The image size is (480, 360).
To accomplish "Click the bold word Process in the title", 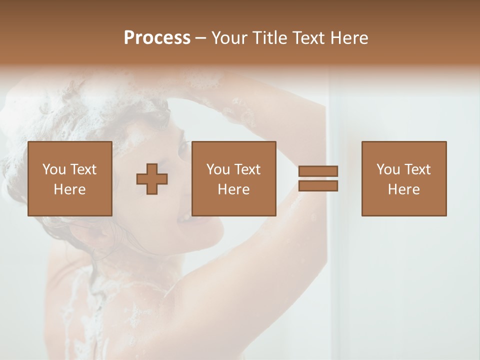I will point(157,38).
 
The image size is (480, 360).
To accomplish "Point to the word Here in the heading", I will point(348,38).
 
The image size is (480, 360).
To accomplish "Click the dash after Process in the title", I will point(200,38).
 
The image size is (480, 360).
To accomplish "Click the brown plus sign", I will point(152,178).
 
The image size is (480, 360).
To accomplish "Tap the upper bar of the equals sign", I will point(318,171).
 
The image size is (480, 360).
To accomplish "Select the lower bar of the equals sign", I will point(318,186).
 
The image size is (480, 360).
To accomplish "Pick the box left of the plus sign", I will point(70,178).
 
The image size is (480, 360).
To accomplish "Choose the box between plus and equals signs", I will point(234,178).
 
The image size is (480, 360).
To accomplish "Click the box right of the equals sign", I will point(404,178).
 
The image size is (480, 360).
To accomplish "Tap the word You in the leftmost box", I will point(53,169).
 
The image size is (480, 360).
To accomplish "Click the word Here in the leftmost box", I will point(70,189).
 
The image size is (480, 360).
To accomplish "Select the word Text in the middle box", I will point(247,169).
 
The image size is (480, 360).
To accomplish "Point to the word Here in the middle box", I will point(234,189).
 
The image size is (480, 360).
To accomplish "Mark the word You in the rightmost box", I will point(387,169).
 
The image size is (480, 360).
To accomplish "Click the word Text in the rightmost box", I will point(417,169).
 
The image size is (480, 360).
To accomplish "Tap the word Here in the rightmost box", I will point(404,189).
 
